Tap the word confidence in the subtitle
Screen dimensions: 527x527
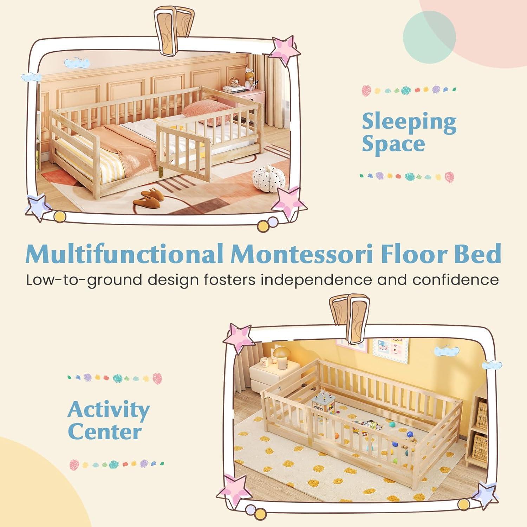click(x=455, y=280)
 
